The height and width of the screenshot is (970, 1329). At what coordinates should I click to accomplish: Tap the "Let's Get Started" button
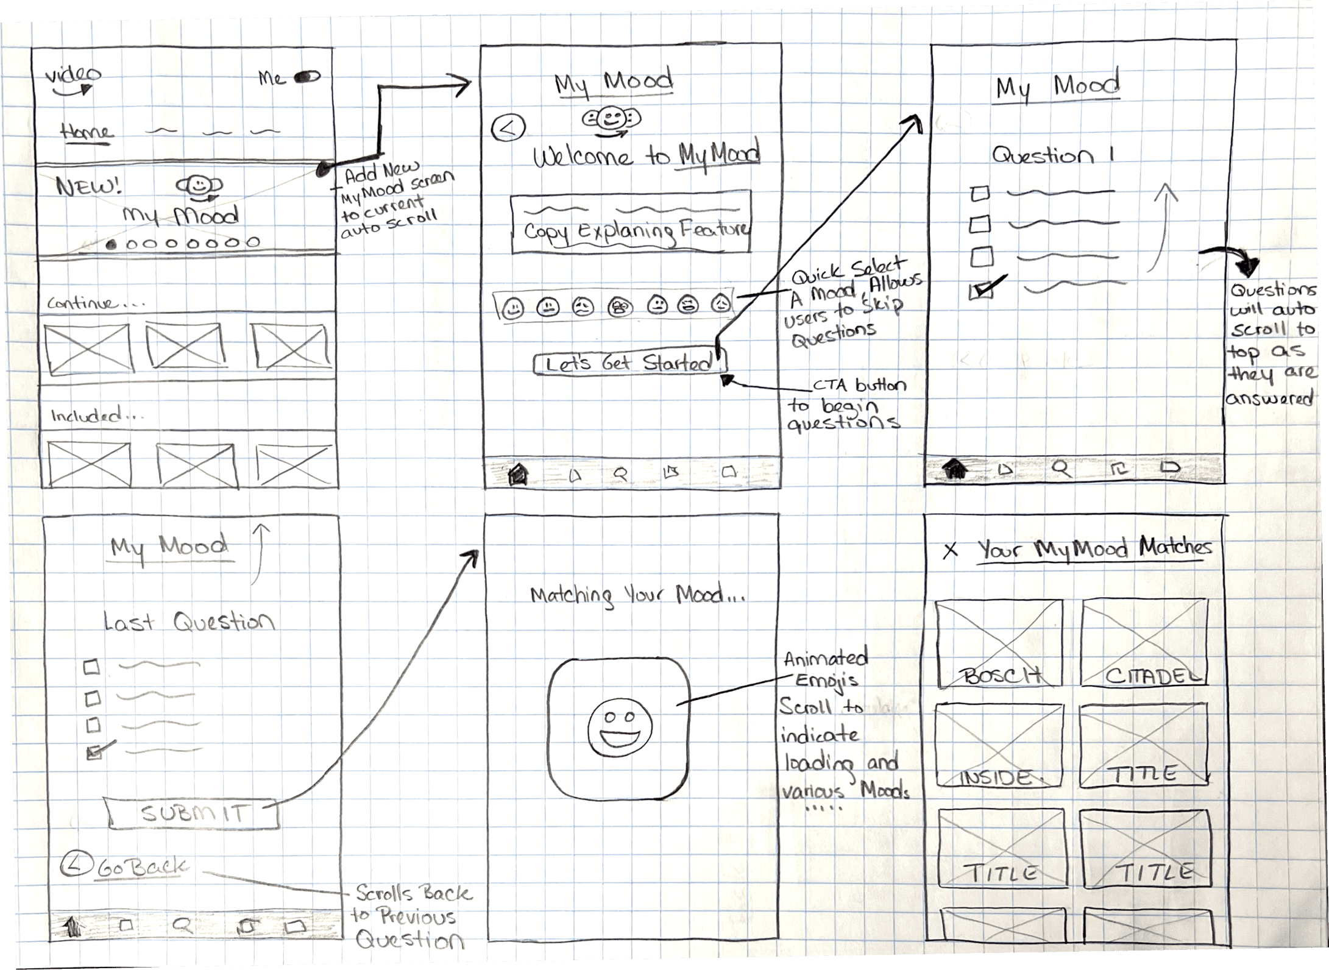629,364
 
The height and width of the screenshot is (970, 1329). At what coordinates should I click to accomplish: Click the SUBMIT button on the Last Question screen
194,813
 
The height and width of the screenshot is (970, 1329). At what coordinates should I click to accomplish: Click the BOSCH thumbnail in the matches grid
999,642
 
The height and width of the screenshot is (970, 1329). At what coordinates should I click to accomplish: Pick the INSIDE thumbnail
999,745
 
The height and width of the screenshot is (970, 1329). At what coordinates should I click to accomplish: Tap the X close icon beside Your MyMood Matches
950,551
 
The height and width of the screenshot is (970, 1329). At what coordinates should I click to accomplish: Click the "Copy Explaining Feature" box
631,223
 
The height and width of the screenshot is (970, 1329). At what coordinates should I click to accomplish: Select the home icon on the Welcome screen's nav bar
517,473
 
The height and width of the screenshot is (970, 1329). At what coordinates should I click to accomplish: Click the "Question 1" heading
1052,155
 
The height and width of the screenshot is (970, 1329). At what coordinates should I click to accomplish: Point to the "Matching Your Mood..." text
636,595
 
